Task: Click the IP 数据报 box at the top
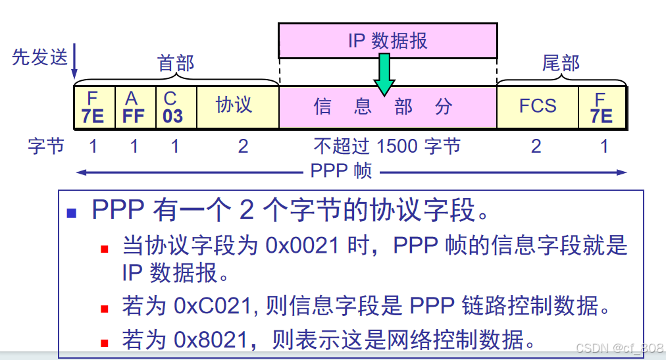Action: pyautogui.click(x=387, y=41)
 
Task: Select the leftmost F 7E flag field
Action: pyautogui.click(x=93, y=107)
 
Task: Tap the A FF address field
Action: pyautogui.click(x=134, y=107)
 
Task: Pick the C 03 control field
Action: pyautogui.click(x=174, y=107)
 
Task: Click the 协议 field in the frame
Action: pyautogui.click(x=234, y=105)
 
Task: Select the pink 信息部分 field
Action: pyautogui.click(x=387, y=107)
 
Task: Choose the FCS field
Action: pyautogui.click(x=537, y=106)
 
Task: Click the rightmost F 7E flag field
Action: pyautogui.click(x=601, y=107)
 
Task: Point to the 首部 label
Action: pyautogui.click(x=176, y=63)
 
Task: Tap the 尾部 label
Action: pyautogui.click(x=561, y=63)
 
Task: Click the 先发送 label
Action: pyautogui.click(x=39, y=57)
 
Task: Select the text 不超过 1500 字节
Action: pyautogui.click(x=387, y=146)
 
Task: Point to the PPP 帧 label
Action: pyautogui.click(x=341, y=171)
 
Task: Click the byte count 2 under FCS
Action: pyautogui.click(x=536, y=146)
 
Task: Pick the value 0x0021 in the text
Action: pyautogui.click(x=303, y=245)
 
